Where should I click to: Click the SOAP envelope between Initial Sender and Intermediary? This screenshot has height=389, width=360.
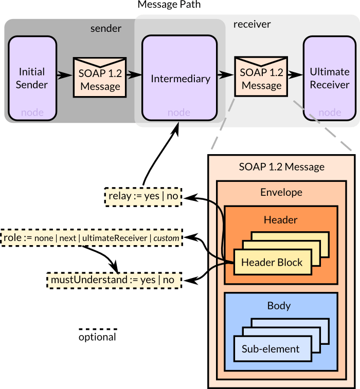(x=100, y=79)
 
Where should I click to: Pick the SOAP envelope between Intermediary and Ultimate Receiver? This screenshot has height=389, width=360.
(x=261, y=78)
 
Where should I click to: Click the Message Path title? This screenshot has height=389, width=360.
(x=169, y=5)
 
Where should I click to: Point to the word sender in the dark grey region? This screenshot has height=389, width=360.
(x=105, y=28)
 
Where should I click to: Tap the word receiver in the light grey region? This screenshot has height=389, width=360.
(x=251, y=24)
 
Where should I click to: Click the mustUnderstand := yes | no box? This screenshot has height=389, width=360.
(x=113, y=280)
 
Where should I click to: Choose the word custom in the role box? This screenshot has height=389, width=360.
(x=166, y=238)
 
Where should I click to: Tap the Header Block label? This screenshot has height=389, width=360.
(x=272, y=263)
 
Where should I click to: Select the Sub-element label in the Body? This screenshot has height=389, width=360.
(x=271, y=349)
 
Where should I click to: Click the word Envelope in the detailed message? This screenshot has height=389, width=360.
(x=281, y=193)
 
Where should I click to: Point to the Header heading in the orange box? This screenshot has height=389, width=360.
(x=281, y=219)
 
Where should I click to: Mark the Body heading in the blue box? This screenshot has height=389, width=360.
(x=279, y=306)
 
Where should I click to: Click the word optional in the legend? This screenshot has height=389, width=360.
(x=97, y=338)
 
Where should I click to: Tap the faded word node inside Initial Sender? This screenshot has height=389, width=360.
(x=32, y=113)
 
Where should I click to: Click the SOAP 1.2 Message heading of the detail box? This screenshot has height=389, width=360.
(x=281, y=166)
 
